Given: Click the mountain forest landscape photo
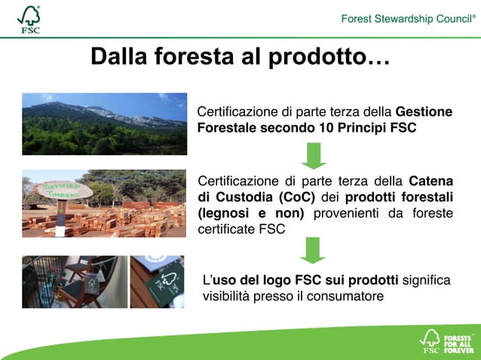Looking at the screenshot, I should coord(104,124).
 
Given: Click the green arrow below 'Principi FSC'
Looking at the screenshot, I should coord(314,156).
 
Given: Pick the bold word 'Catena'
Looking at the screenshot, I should coord(430,181).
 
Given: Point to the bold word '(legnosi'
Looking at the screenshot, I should coord(222,214).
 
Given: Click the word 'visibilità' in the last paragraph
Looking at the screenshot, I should coord(227,296).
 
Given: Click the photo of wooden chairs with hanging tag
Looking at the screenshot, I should coord(74,282).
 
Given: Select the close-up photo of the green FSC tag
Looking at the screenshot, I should coord(157,282).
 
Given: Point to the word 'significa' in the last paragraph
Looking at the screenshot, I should coord(427,280).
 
